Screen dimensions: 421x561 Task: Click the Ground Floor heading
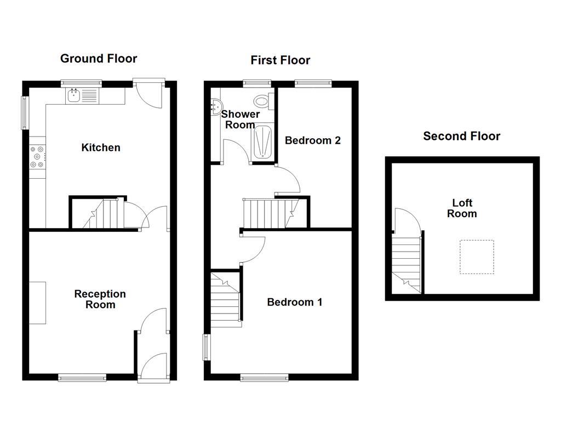click(x=99, y=59)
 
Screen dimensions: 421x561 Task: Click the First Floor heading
click(x=280, y=60)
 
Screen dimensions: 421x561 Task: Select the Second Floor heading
click(x=461, y=136)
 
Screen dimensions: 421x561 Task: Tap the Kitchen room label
click(x=101, y=147)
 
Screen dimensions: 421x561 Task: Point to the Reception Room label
click(x=100, y=299)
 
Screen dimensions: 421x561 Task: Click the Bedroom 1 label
click(x=295, y=302)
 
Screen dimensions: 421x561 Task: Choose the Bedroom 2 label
click(x=313, y=140)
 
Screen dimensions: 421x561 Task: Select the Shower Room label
click(x=240, y=120)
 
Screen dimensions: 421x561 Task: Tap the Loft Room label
click(x=462, y=208)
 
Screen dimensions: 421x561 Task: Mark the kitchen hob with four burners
click(x=38, y=157)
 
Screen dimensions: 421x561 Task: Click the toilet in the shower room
click(x=262, y=100)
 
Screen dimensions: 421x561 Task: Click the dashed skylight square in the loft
click(x=476, y=257)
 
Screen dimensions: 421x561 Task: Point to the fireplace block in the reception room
click(x=37, y=303)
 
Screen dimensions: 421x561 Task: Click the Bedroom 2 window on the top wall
click(x=313, y=84)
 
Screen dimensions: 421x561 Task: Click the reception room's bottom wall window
click(x=82, y=377)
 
